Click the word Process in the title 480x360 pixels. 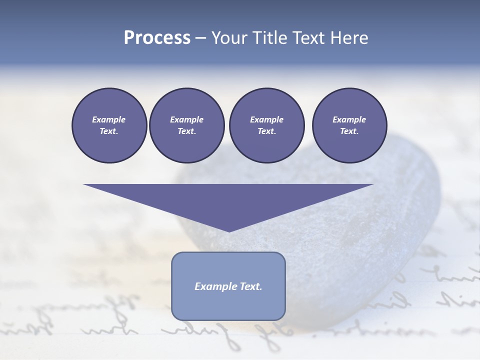pos(157,38)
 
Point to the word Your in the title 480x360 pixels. pos(228,38)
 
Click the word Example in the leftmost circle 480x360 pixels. pos(109,119)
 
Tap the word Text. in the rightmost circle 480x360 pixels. pos(349,131)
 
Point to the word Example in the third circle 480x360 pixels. pos(266,119)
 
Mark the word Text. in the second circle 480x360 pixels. pos(186,131)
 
